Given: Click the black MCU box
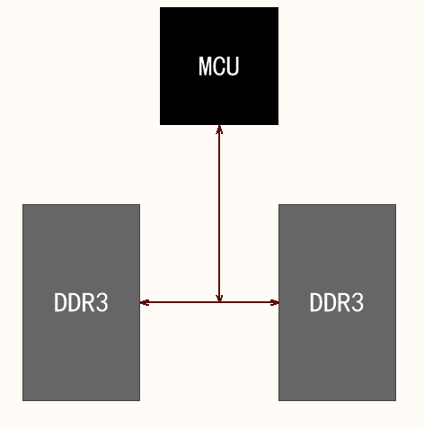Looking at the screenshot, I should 219,94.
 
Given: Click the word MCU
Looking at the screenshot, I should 219,66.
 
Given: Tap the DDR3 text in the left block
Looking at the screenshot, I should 81,303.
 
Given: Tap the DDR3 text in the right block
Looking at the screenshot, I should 337,303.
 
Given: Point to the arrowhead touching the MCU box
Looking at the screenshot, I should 219,130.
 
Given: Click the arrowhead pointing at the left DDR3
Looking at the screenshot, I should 145,302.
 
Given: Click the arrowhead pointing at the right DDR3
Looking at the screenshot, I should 274,302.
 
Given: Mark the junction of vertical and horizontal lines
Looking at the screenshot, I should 219,302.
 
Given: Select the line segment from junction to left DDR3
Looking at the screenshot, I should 180,302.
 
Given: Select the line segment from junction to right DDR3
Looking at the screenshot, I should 249,302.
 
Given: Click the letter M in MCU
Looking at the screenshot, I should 206,66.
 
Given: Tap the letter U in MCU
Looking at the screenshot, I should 234,66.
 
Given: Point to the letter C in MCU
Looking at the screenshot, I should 220,66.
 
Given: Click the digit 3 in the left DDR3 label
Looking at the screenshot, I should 102,303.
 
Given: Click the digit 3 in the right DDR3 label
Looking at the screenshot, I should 358,303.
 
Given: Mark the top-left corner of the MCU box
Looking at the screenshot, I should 161,8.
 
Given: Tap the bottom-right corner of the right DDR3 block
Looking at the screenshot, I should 394,399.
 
